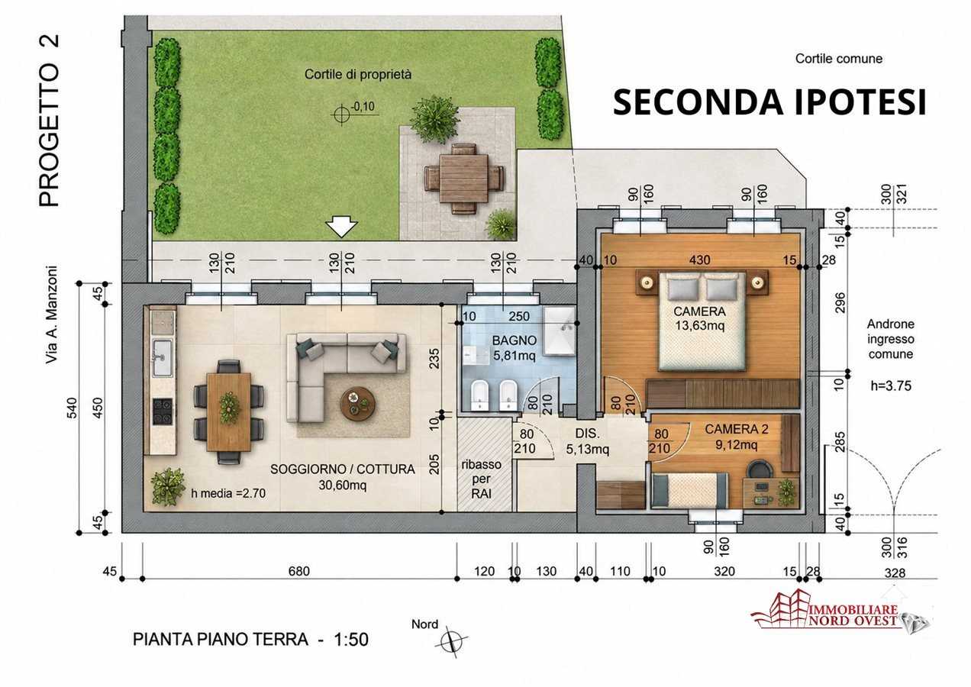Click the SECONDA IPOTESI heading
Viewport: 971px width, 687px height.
pos(769,102)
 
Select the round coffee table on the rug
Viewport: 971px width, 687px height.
pos(358,404)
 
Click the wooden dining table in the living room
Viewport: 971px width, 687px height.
pos(229,412)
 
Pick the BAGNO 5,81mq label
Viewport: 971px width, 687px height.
pos(514,348)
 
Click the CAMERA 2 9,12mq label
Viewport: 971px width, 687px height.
pos(737,437)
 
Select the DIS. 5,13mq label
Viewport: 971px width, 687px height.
pos(587,441)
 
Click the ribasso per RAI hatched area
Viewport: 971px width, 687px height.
pos(485,464)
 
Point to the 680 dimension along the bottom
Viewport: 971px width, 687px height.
pos(299,571)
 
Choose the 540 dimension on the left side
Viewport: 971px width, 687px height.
pos(72,408)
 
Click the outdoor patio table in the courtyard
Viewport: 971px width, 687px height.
pos(464,179)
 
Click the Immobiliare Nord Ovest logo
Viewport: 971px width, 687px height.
pos(840,611)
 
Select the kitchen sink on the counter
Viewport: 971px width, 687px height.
pos(162,358)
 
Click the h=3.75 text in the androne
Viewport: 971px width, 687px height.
pos(891,385)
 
